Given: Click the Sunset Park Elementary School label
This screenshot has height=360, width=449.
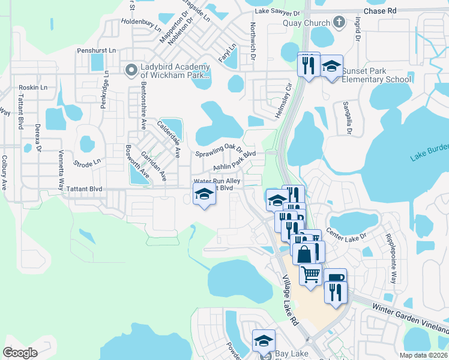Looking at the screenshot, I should [376, 75].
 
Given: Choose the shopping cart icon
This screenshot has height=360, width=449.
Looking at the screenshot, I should [310, 274].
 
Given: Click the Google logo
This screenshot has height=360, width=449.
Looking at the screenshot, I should [20, 353].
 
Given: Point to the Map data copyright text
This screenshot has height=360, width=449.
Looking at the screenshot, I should [424, 355].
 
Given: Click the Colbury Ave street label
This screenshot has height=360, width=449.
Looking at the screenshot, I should [5, 173].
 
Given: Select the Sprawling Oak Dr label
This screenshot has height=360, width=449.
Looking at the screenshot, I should [218, 150].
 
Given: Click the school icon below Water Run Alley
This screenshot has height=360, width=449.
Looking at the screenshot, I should [204, 195].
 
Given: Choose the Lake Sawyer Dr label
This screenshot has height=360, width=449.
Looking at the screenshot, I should [277, 12].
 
